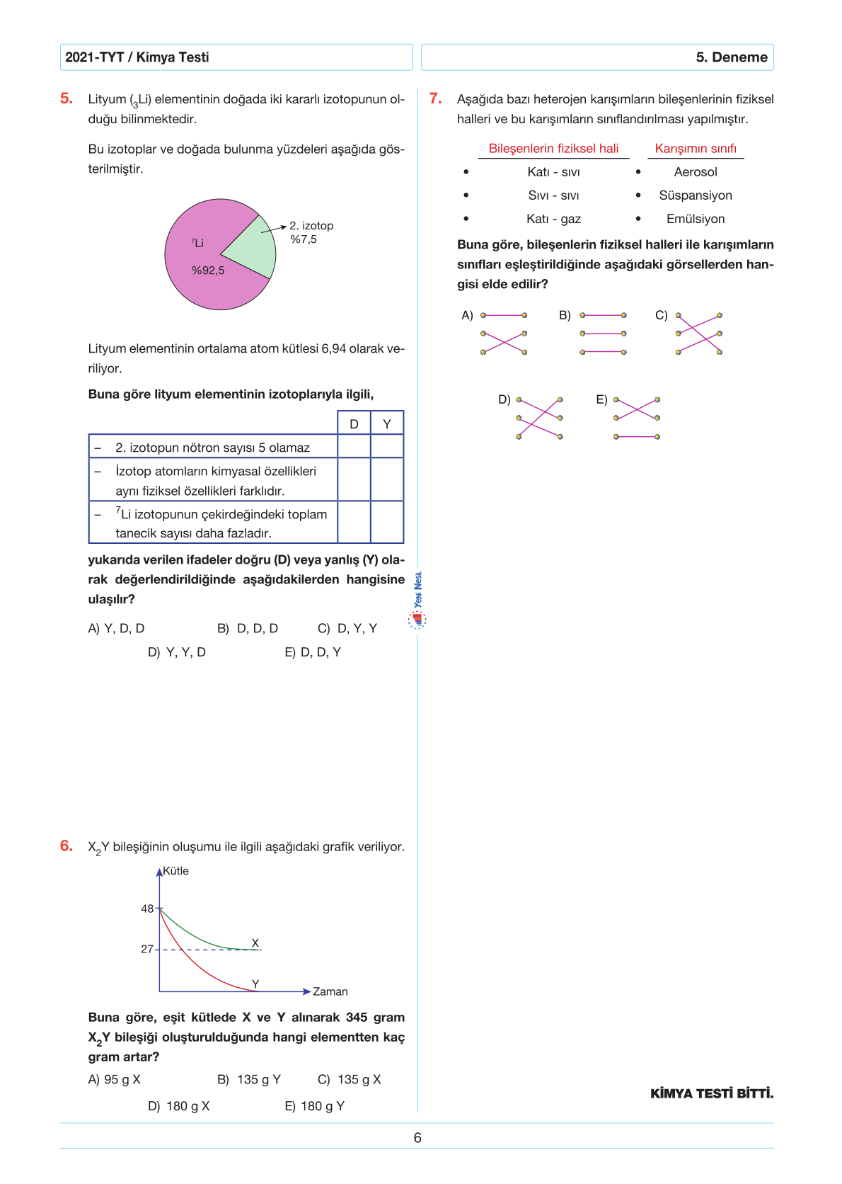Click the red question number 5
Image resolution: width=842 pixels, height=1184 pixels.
point(67,98)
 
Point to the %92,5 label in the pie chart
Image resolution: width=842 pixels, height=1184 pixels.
point(208,271)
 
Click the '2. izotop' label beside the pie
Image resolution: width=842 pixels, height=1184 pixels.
point(311,226)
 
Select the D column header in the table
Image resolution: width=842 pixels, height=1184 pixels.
point(354,423)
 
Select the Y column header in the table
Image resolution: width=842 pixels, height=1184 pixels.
point(387,423)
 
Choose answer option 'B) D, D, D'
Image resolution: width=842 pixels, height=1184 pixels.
point(248,628)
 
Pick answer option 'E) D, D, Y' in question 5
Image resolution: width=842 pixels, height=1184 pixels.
point(313,652)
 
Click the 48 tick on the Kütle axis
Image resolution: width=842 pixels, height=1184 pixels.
point(147,909)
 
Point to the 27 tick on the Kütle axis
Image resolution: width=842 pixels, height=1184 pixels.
point(147,949)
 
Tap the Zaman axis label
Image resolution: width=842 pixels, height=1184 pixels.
point(330,991)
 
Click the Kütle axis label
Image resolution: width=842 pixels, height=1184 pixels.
point(175,871)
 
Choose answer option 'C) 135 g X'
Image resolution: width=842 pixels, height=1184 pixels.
point(350,1079)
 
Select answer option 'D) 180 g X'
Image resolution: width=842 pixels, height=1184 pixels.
point(179,1106)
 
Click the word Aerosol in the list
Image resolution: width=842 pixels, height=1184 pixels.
point(696,172)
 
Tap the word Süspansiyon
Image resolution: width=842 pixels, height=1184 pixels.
point(696,195)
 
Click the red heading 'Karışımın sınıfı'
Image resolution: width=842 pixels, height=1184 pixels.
point(696,149)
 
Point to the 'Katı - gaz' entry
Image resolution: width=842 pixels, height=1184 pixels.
point(553,219)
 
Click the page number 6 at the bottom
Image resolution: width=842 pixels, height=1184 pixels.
point(417,1138)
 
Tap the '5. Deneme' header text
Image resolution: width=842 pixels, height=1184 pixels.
point(732,57)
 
